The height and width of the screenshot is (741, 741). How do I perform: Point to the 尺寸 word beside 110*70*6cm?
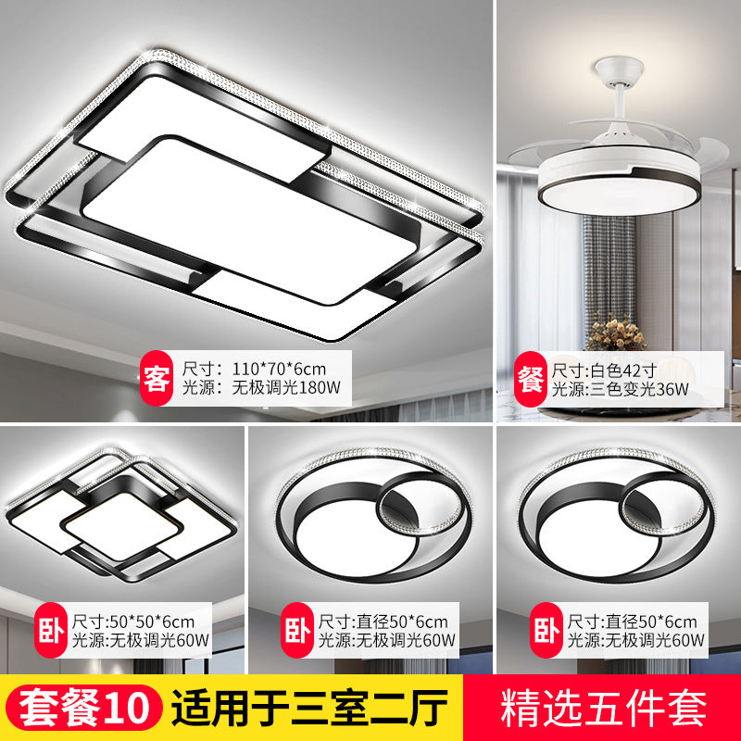198,369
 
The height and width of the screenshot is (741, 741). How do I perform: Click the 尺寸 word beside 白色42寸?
567,369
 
